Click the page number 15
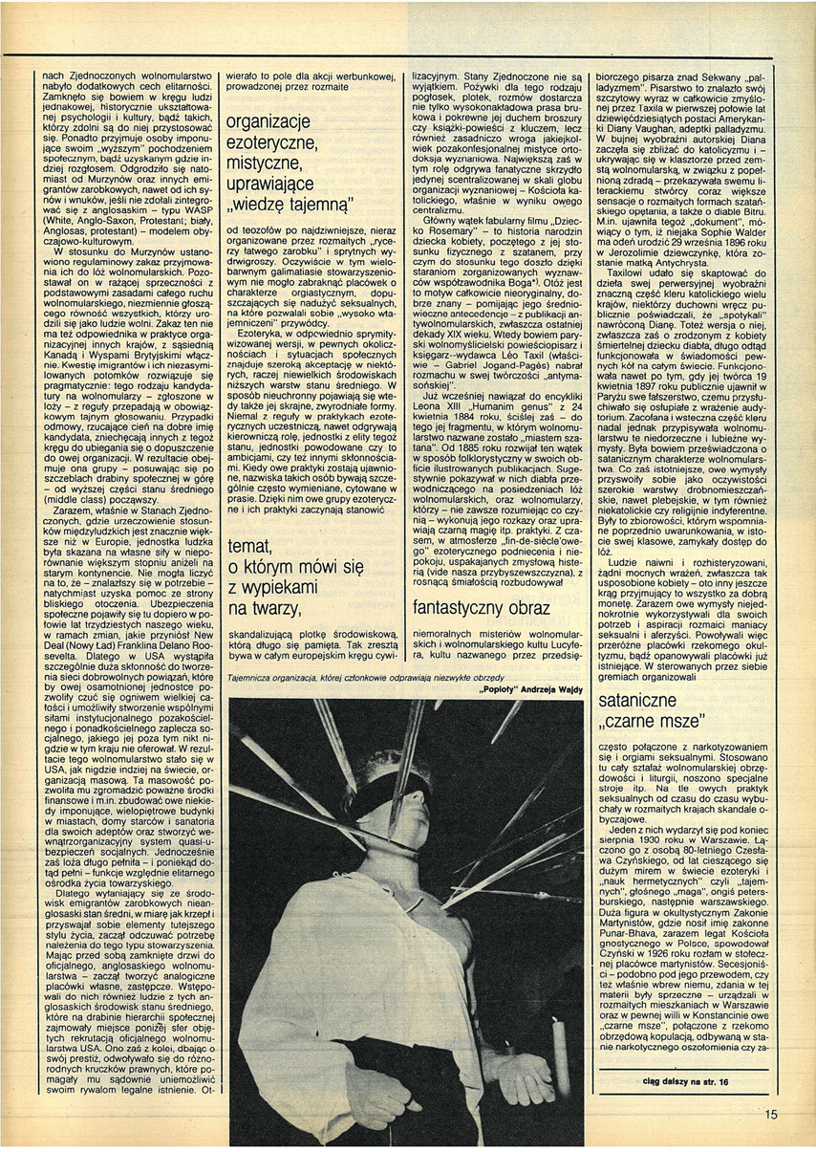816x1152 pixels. click(x=771, y=1114)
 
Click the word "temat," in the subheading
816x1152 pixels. click(x=254, y=547)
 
